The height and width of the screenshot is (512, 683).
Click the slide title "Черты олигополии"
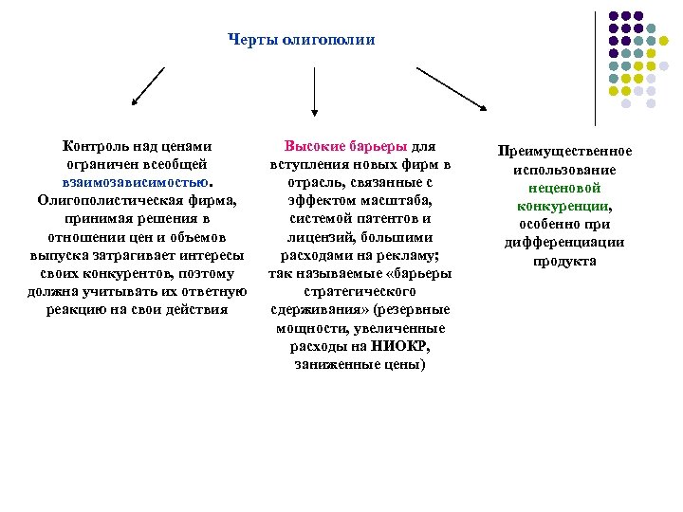tap(302, 40)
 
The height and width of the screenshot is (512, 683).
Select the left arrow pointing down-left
tap(148, 86)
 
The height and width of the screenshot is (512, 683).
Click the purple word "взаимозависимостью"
tap(127, 183)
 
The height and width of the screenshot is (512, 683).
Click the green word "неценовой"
tap(564, 188)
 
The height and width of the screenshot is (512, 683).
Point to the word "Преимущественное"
tap(564, 152)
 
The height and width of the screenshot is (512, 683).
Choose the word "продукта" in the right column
tap(564, 260)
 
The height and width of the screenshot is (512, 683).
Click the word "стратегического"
tap(360, 291)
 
